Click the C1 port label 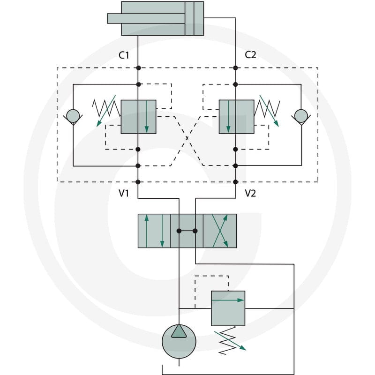point(124,55)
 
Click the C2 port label point(250,55)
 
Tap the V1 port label point(124,193)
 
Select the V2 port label point(250,193)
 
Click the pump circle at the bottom point(179,342)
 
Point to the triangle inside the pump point(179,332)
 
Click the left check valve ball point(73,116)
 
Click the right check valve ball point(301,116)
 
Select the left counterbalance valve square point(138,117)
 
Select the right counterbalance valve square point(237,117)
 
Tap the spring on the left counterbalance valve point(107,108)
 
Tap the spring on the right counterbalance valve point(267,108)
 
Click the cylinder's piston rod point(146,18)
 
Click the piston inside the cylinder point(189,18)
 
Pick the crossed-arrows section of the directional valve point(220,231)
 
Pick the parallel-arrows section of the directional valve point(154,231)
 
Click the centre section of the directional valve point(187,231)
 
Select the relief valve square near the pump point(228,308)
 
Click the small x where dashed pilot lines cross point(187,138)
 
